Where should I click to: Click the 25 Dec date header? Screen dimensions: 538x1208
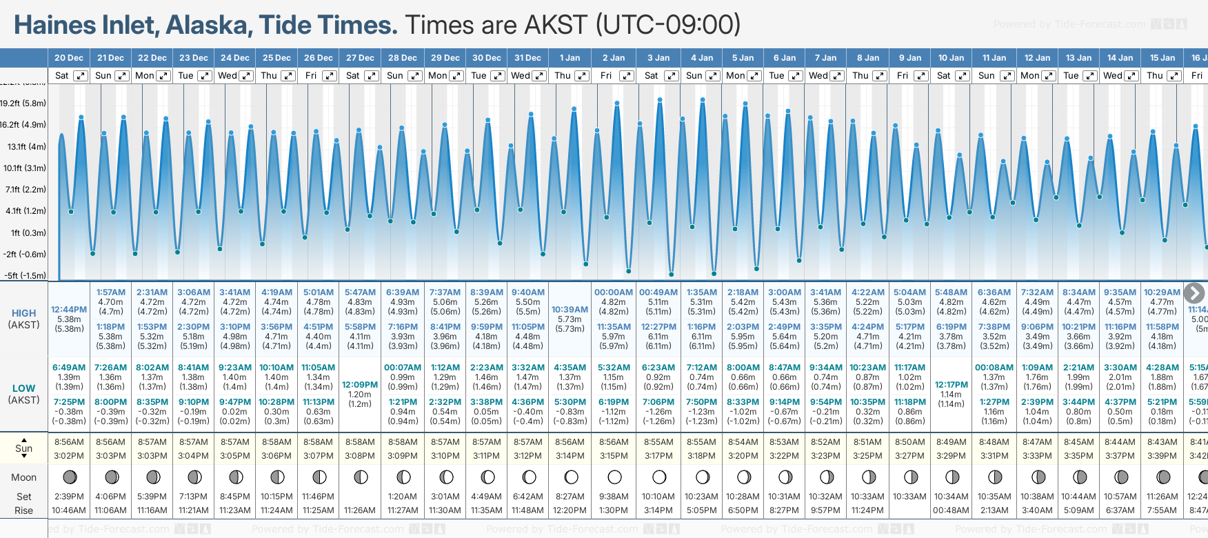click(x=276, y=58)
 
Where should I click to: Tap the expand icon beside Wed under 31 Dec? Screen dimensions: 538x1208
click(x=539, y=76)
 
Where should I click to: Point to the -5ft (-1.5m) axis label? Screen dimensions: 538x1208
click(x=25, y=275)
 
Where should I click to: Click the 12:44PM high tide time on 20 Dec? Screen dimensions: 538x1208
click(x=69, y=310)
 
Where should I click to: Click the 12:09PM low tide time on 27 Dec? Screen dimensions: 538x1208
click(x=360, y=385)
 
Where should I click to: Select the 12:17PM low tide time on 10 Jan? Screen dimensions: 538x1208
click(x=951, y=385)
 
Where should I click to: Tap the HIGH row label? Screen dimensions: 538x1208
click(x=23, y=313)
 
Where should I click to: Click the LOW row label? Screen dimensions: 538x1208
click(x=23, y=388)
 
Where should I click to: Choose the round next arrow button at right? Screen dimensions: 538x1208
click(x=1194, y=293)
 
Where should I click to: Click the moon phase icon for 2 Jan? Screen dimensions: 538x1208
click(x=614, y=477)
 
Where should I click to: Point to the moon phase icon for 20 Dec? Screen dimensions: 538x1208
click(x=70, y=477)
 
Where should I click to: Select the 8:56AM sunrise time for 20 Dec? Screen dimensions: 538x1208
click(x=69, y=442)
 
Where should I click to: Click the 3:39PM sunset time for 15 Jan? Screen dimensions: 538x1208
click(x=1162, y=456)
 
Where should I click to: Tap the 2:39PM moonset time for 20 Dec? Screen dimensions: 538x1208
click(x=69, y=497)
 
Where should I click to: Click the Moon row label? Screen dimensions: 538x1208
click(x=23, y=477)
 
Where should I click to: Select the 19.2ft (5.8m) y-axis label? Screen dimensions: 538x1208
click(x=23, y=103)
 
